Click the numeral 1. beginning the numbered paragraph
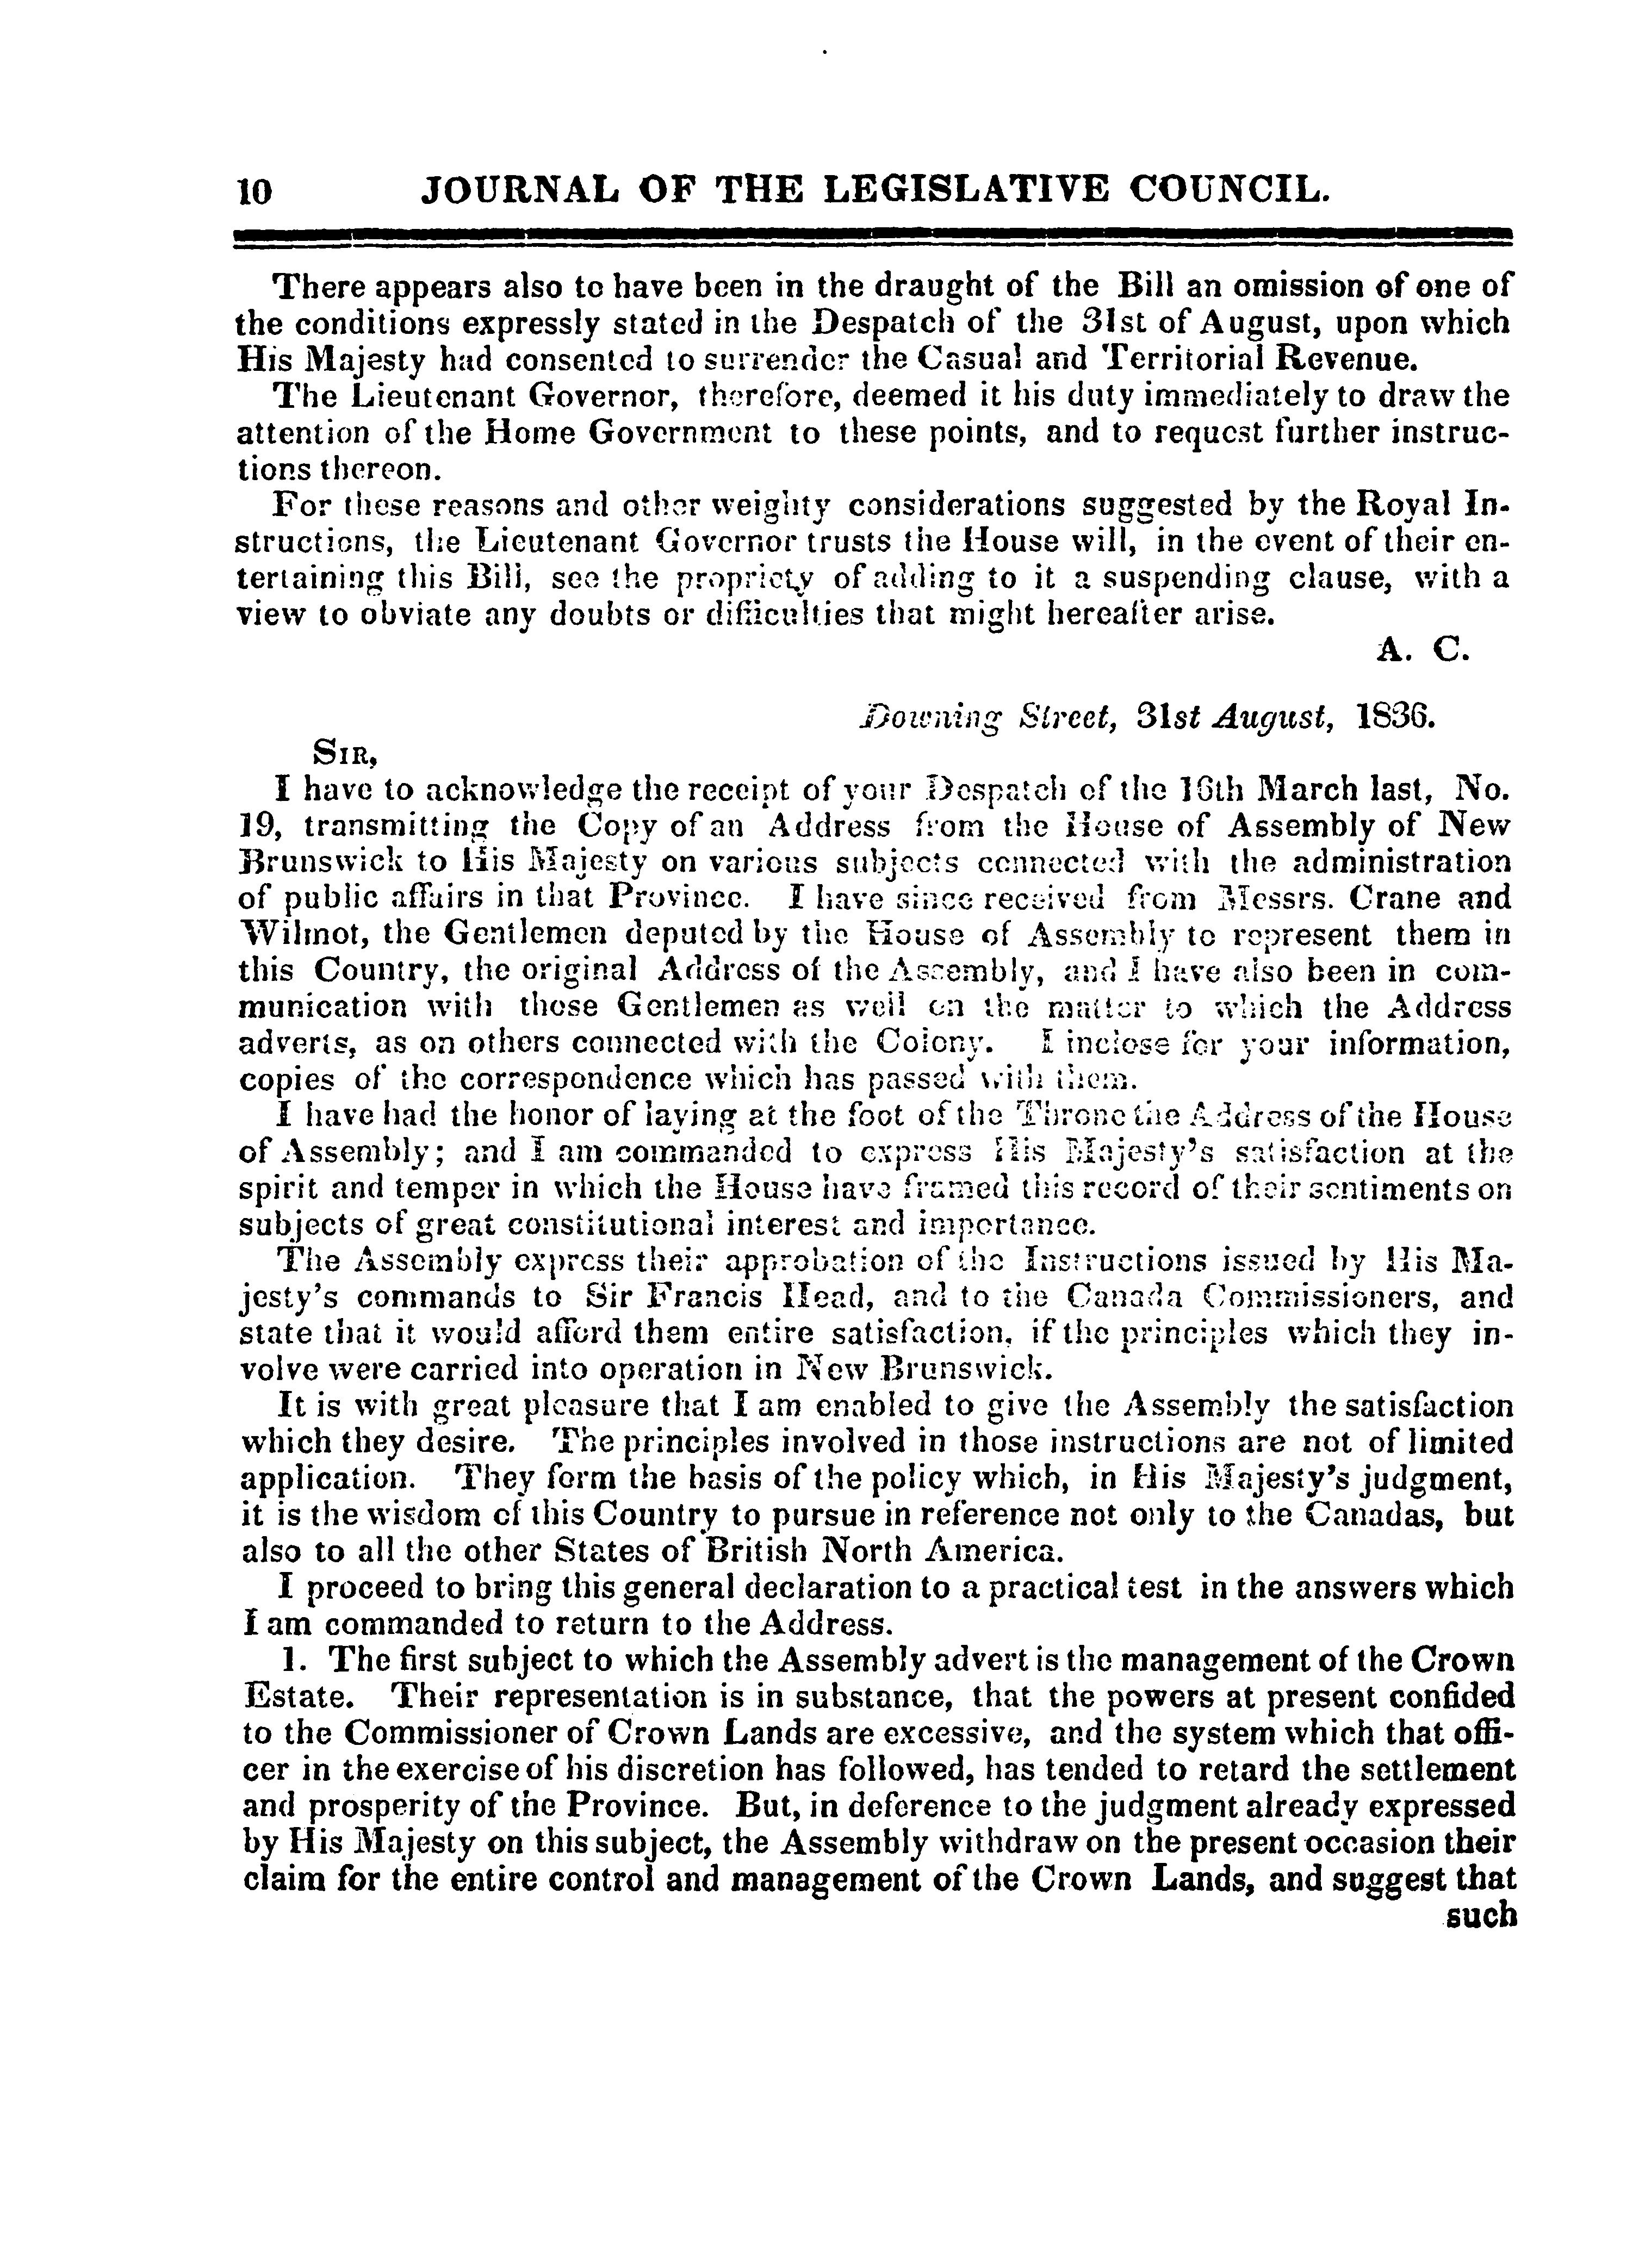click(x=292, y=1660)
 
